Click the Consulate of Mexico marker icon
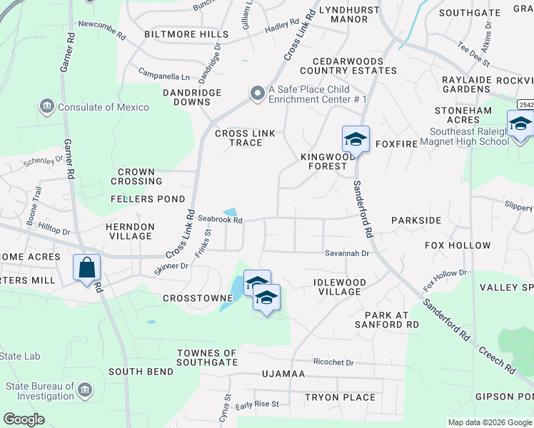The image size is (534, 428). pos(47,107)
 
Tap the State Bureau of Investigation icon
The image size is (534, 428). pos(85,390)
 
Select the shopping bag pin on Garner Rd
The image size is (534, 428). pos(86,269)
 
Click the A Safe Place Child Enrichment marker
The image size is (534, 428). pos(257,93)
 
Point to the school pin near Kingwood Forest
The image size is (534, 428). pos(356,138)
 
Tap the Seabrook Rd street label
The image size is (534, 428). pos(221,220)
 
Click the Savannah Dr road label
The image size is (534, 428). pos(347,253)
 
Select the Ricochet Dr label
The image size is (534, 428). pos(333,362)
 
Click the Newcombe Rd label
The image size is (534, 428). pos(102,24)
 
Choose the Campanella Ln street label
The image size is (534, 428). pos(164,76)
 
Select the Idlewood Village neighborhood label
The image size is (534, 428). pos(340,287)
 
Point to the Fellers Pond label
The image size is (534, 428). pos(148,199)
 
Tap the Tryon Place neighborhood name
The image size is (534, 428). pos(340,397)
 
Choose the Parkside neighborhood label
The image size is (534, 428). pos(416,220)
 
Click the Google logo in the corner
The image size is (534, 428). pos(24,419)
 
